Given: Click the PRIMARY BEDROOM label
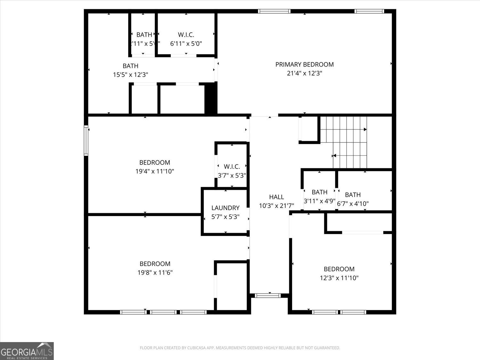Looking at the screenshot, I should pos(304,64).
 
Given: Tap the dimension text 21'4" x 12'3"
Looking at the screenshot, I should pos(304,73).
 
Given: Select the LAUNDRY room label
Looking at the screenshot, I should pos(225,208).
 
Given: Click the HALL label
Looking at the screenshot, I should pos(276,197).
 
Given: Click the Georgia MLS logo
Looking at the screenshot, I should pos(27,351).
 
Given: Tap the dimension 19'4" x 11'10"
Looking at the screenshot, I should pos(155,171).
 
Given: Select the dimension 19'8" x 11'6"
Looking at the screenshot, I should pos(155,273).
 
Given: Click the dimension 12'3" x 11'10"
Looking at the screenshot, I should pos(339,278).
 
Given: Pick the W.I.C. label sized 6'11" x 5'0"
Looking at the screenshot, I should pos(186,35).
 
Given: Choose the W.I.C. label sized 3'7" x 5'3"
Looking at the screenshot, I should pos(232,166).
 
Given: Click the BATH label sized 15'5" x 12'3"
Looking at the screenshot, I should pos(131,66).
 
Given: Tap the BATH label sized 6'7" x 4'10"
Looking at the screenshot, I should pos(353,195).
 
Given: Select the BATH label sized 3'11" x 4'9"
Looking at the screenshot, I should pos(319,192).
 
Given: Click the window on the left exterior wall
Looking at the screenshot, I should pos(86,140).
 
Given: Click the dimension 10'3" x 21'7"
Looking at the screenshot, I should pos(276,206).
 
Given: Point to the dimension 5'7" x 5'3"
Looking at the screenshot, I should pos(225,217).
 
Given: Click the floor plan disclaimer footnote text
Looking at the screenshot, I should pos(240,348).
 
